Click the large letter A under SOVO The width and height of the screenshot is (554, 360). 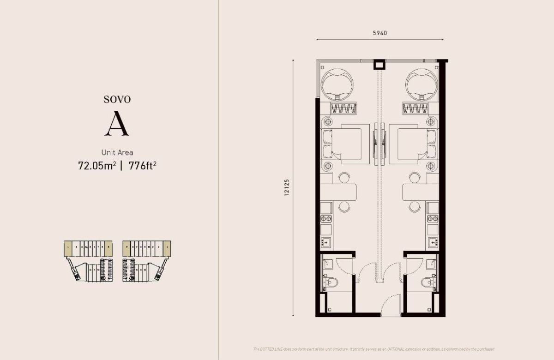point(117,124)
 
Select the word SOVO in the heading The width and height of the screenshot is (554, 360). point(117,99)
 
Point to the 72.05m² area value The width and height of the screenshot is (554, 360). point(97,165)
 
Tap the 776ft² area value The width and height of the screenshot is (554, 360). point(143,165)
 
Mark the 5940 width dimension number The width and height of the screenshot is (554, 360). point(379,33)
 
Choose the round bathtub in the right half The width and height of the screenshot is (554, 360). point(421,84)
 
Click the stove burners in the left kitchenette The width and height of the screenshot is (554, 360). point(326,219)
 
